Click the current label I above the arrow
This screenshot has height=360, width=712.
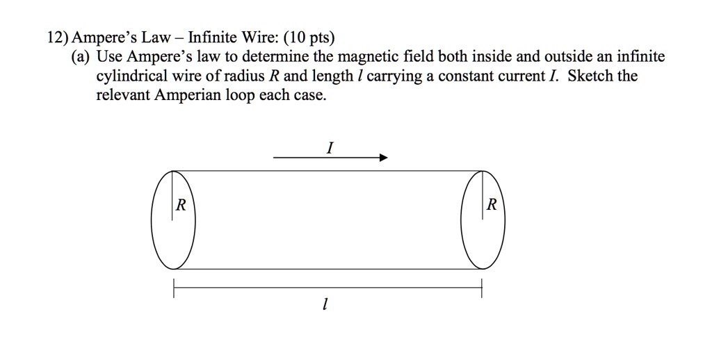[x=331, y=147]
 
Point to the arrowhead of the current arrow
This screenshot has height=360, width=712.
[x=382, y=158]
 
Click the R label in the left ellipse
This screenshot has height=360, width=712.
[x=181, y=205]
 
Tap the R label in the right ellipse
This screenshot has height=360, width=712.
[x=492, y=205]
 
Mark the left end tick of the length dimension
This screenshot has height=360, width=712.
[x=174, y=287]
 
